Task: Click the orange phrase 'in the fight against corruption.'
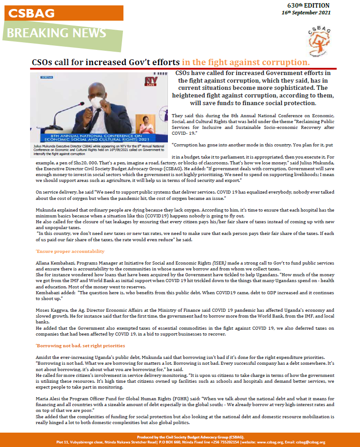(246, 62)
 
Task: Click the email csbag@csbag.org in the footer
(310, 442)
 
